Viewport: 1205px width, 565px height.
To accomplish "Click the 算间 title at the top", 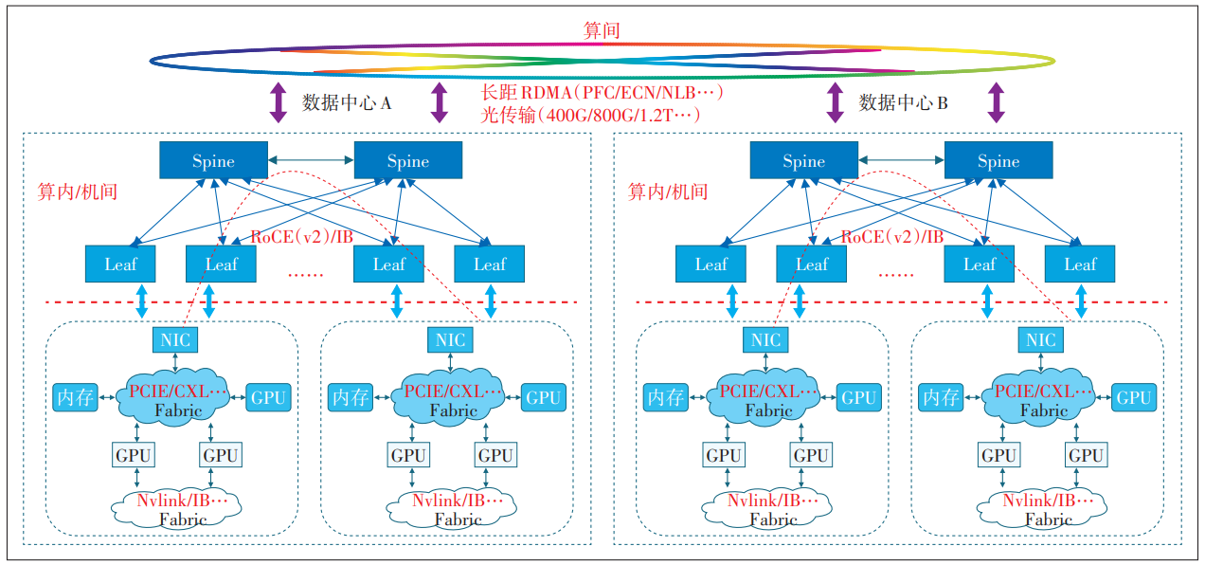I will [602, 30].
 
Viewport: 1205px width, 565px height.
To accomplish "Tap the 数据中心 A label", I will [347, 102].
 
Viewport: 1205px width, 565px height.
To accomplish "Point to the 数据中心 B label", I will [903, 102].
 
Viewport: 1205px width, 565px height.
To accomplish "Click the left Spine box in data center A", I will [213, 161].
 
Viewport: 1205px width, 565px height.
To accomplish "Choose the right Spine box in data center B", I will [998, 161].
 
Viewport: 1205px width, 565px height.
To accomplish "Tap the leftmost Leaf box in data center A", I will [120, 264].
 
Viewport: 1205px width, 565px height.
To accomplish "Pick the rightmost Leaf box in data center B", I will [1080, 264].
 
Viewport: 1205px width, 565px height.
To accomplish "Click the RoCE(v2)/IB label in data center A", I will [302, 237].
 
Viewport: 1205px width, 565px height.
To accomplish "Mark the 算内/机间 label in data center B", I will [668, 191].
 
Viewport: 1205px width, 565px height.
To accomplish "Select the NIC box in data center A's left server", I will [175, 339].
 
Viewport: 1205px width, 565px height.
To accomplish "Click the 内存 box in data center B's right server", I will [942, 397].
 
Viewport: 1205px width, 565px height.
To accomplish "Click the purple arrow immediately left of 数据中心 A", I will [278, 102].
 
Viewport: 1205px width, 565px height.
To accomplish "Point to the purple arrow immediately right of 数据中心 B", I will [997, 102].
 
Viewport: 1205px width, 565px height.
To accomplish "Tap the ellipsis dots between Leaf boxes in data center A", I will [305, 272].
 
